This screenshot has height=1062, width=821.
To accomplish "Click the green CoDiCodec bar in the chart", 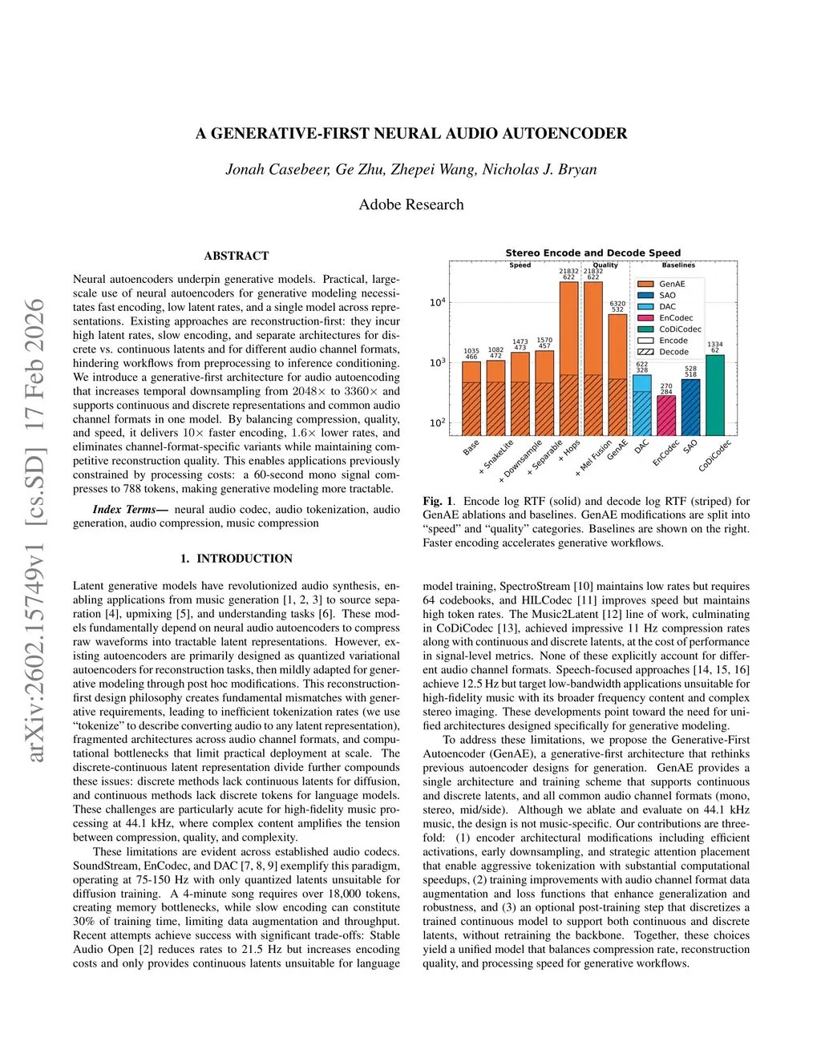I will [x=714, y=395].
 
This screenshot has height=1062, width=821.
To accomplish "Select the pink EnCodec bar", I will [x=666, y=415].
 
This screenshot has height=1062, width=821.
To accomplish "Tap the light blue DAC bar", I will [x=642, y=406].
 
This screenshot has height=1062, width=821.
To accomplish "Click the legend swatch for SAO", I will [x=645, y=295].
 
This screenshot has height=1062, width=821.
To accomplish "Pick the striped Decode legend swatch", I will [x=645, y=352].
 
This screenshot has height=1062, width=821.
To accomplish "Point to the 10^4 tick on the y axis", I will [x=437, y=302].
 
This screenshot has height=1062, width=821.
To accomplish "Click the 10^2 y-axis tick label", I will [x=437, y=422].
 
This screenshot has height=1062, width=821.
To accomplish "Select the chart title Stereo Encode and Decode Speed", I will [x=592, y=252].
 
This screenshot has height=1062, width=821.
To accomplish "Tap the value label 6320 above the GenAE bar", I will [x=617, y=304].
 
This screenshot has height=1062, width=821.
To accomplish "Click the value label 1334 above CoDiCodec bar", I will [x=714, y=344].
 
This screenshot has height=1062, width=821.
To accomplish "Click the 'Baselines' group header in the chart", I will [x=678, y=264].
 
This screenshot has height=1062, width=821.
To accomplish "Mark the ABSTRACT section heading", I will [x=237, y=256].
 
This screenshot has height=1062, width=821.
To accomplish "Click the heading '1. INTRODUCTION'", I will [x=237, y=559].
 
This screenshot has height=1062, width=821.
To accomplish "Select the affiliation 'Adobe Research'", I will [x=411, y=204].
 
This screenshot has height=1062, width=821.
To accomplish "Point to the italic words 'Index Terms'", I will [x=123, y=509].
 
